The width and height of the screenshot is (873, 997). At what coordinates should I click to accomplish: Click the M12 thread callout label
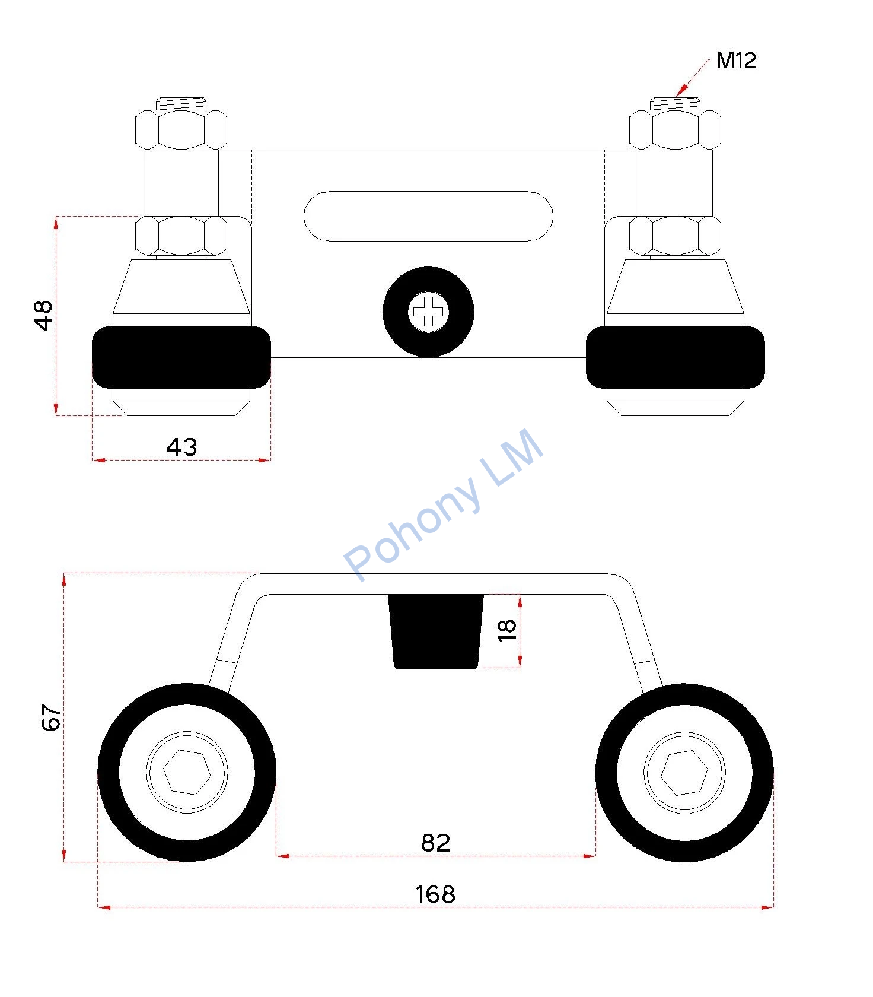736,61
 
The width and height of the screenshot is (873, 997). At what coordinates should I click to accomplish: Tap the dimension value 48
43,315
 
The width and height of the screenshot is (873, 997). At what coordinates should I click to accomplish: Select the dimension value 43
181,446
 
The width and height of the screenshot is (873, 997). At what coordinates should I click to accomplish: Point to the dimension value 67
52,717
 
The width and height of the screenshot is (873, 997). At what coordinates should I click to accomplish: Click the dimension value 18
507,630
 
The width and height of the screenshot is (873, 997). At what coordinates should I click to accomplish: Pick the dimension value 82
436,843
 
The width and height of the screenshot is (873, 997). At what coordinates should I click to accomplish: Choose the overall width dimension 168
435,894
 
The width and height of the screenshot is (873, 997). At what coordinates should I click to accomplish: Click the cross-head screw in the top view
428,312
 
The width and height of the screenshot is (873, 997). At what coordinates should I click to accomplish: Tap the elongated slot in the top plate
428,216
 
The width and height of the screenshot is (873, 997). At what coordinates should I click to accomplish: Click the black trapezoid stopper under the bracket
436,631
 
